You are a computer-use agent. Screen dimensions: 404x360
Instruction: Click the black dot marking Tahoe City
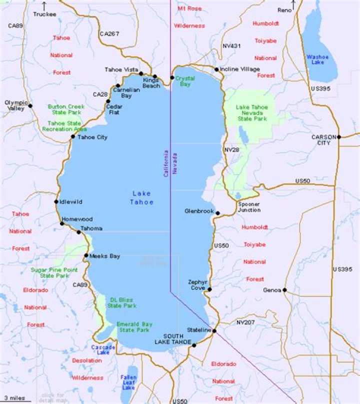73,137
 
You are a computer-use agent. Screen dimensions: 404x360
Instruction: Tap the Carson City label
321,140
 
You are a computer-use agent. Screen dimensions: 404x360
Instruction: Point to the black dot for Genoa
284,290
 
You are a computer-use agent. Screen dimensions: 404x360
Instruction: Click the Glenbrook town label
198,211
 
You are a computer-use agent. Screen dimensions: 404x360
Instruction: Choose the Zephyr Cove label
197,285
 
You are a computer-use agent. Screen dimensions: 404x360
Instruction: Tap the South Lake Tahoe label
177,339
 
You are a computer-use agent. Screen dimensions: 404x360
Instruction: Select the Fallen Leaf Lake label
128,382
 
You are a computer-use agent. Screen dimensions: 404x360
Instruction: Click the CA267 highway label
109,34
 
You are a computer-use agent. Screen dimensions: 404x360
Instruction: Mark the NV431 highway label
232,46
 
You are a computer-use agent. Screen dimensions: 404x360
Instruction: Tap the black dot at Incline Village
216,70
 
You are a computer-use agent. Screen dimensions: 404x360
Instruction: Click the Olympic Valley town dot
30,106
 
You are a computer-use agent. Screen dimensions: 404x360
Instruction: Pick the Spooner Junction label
248,207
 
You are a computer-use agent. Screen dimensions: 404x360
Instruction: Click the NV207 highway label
245,322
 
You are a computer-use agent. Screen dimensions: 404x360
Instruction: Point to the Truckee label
44,15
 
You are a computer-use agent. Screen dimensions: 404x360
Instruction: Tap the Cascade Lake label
103,349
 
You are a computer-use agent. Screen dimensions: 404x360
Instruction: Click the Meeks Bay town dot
86,256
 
